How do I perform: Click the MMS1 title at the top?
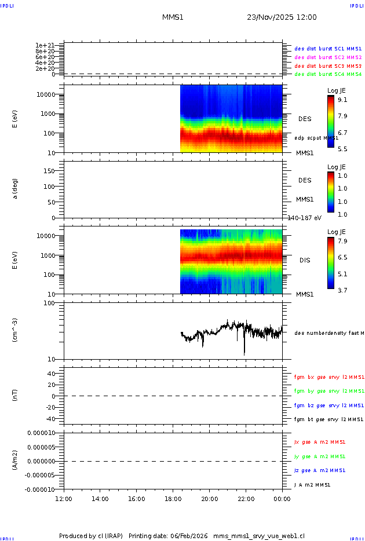click(173, 17)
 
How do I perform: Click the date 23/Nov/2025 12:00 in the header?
click(282, 17)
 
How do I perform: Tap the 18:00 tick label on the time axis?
click(173, 499)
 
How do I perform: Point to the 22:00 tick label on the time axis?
click(246, 499)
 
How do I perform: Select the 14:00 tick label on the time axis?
click(100, 499)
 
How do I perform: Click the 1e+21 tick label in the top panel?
click(45, 45)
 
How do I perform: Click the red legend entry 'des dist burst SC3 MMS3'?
click(328, 66)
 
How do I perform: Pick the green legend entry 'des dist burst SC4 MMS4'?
click(328, 74)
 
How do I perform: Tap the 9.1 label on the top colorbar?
click(342, 100)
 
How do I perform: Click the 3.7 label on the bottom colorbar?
click(342, 290)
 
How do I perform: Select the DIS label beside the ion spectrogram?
click(305, 260)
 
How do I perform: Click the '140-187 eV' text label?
click(305, 218)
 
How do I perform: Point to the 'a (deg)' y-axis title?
click(16, 188)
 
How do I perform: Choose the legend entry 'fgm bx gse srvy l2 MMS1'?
click(329, 377)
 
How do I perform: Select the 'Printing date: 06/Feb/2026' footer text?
click(169, 536)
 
